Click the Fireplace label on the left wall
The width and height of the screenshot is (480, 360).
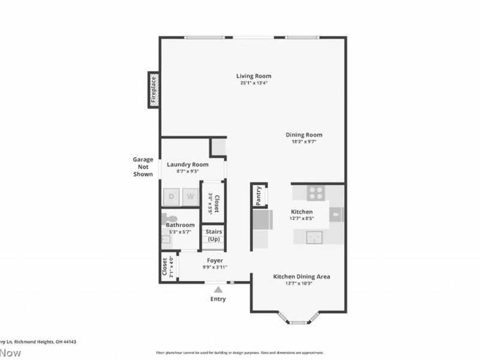coord(154,90)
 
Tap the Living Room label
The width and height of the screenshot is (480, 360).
coord(253,76)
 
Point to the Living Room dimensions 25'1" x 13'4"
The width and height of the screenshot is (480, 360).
coord(253,83)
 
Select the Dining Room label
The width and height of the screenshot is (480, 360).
coord(304,135)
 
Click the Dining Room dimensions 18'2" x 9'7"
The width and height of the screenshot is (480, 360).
coord(304,142)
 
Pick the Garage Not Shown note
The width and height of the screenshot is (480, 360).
coord(143,167)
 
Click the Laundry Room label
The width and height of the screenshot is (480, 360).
coord(187,164)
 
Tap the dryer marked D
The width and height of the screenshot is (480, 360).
coord(171,196)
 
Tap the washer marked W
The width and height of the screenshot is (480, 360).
coord(190,196)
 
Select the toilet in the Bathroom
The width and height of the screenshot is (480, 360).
coord(169,218)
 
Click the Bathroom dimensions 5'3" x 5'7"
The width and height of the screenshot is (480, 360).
coord(180,232)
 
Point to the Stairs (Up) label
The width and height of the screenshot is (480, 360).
coord(214,235)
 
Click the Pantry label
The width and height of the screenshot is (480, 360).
coord(259,196)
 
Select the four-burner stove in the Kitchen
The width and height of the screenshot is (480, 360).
coord(316,193)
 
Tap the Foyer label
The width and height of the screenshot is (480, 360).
coord(214,260)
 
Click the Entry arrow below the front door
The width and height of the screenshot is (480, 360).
coord(218,289)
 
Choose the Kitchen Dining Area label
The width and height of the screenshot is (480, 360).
coord(301,277)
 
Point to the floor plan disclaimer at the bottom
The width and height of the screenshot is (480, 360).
coord(240,353)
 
